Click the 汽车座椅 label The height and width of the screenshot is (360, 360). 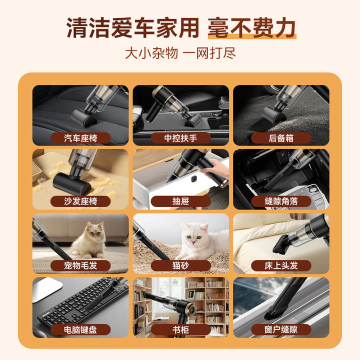pos(80,138)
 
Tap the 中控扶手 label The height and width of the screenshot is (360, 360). pos(180,138)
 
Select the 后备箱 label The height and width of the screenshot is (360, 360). pos(281,138)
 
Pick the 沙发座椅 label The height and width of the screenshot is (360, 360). pos(80,201)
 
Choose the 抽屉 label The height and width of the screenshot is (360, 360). pos(180,201)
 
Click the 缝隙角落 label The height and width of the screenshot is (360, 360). pos(281,201)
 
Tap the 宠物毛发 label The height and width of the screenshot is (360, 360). pos(80,265)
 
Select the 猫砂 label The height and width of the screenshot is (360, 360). pos(180,265)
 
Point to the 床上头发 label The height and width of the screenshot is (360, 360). pos(281,265)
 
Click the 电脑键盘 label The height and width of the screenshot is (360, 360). pos(80,329)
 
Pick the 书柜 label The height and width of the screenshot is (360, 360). pos(180,329)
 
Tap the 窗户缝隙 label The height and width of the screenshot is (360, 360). pos(281,329)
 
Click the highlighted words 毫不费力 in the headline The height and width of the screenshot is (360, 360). pos(252,28)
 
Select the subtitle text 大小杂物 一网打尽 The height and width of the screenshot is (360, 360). pos(180,53)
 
